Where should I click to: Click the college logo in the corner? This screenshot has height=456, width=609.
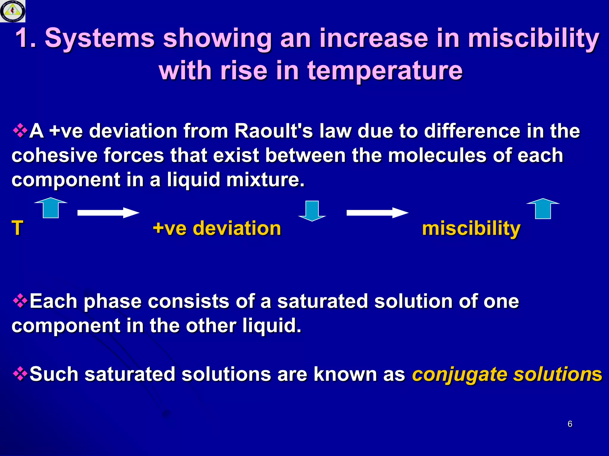tap(12, 11)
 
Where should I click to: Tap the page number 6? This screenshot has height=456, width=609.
tap(570, 424)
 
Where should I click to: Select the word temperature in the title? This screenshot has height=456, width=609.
tap(385, 71)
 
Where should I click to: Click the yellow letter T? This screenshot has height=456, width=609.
tap(17, 228)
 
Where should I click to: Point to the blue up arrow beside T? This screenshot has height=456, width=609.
tap(51, 208)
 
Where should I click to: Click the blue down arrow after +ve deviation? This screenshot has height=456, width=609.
tap(312, 211)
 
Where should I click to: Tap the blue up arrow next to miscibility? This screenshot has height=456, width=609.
tap(543, 209)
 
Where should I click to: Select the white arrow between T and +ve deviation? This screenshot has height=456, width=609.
tap(108, 213)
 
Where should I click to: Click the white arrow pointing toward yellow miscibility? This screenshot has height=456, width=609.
tap(377, 213)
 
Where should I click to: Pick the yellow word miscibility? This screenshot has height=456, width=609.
tap(471, 229)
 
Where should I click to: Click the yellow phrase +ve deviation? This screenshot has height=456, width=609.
tap(217, 228)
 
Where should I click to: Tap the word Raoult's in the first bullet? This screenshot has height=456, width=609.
tap(274, 131)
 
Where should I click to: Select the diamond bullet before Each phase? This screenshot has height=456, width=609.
tap(20, 301)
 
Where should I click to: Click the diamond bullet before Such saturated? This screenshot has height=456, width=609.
tap(20, 373)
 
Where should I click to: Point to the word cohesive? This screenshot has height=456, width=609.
tap(54, 156)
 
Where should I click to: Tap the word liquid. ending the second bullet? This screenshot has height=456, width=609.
tap(271, 326)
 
